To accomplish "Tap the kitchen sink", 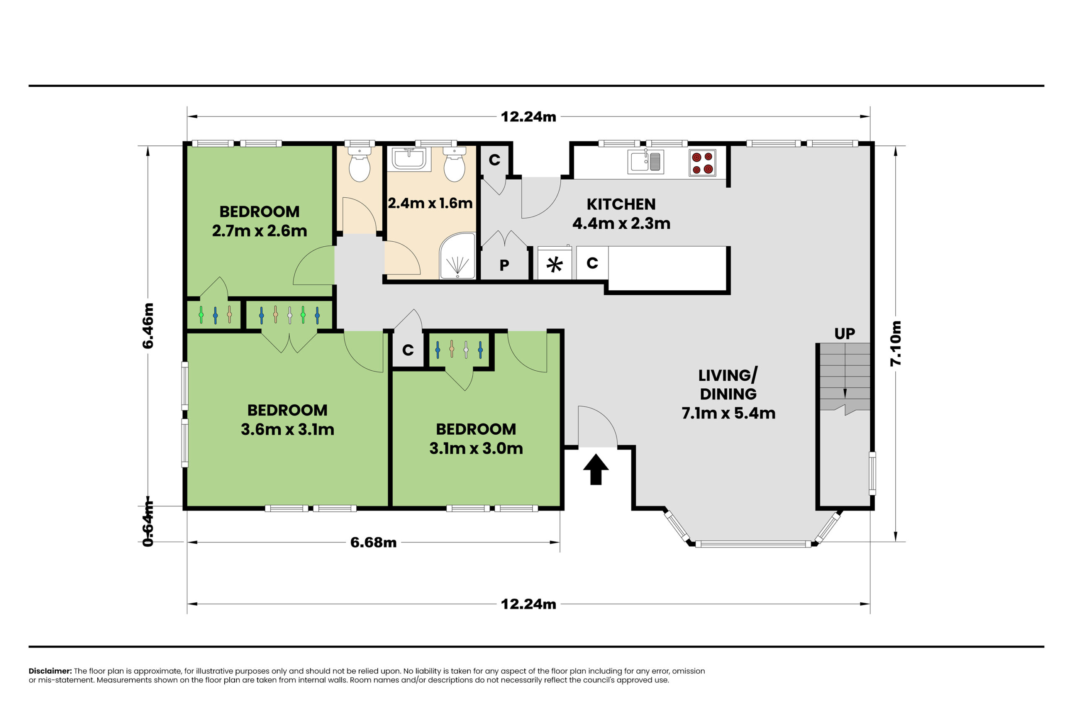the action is pos(645,161).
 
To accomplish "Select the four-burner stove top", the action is pos(702,163).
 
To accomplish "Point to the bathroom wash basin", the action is pos(409,159).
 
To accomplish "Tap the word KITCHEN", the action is pos(621,204).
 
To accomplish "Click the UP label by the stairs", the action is pos(845,334).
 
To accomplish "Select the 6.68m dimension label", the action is pos(373,542).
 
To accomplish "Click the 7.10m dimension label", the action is pos(895,343).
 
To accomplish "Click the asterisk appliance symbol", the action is pos(554,264).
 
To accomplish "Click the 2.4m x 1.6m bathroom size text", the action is pos(430,203).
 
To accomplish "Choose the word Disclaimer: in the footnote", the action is pos(50,671).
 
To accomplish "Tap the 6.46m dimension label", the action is pos(148,325).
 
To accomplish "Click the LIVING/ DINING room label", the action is pos(728,385).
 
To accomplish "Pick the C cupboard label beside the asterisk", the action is pos(592,263).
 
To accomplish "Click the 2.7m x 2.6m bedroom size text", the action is pos(259,231).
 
